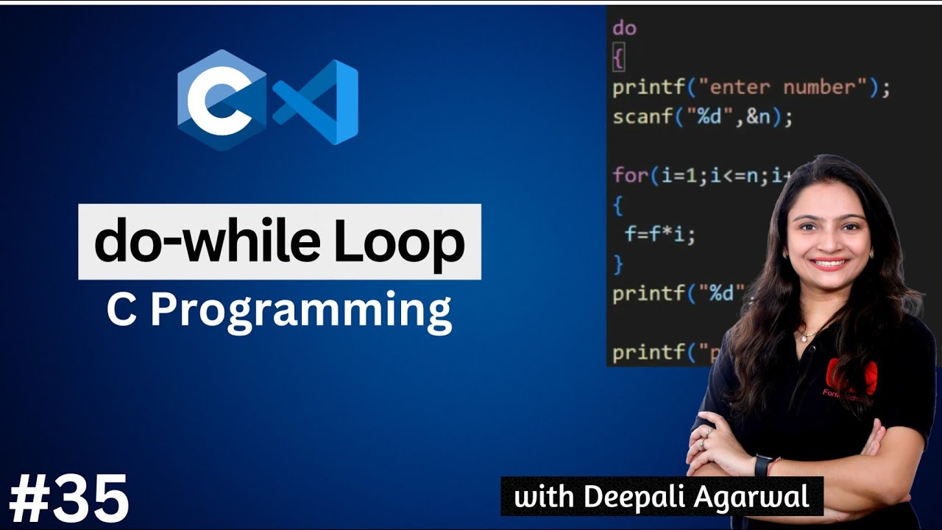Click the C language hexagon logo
222,100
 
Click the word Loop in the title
411,242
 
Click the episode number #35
70,499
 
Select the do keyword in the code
624,29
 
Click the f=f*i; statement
659,235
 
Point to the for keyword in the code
630,176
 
